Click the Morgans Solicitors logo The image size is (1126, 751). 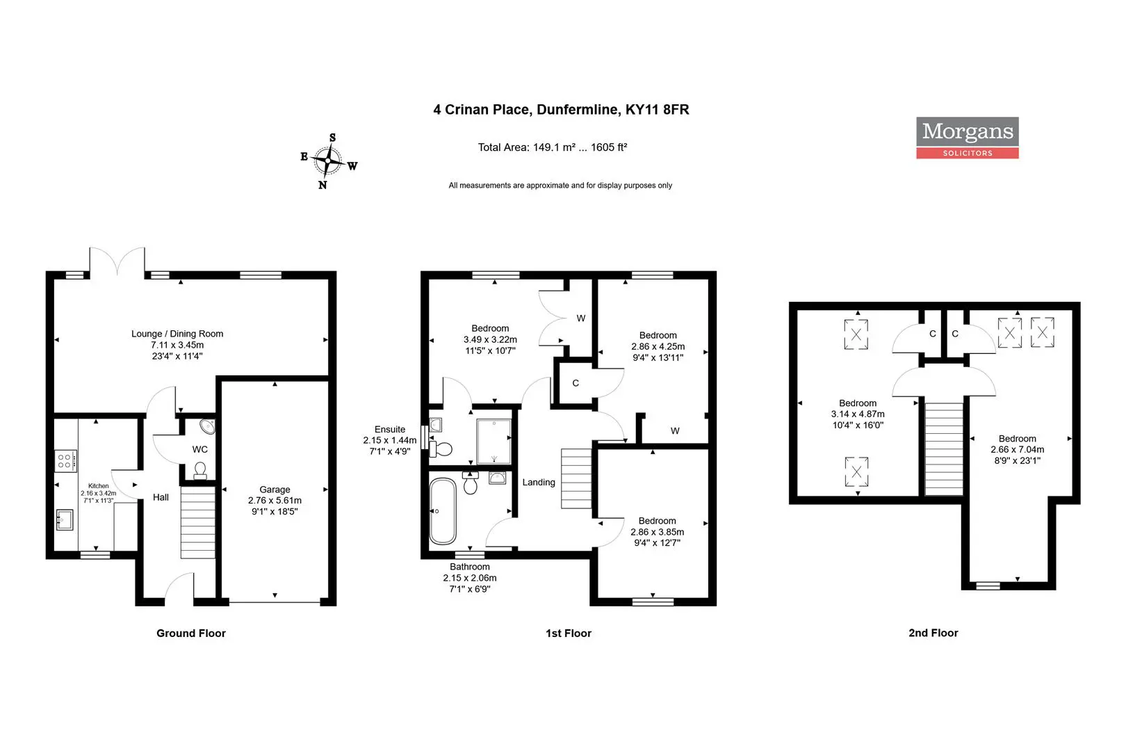967,137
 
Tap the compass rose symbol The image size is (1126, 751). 328,161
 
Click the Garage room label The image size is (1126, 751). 275,500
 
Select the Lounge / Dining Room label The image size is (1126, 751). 177,345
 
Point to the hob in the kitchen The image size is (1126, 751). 65,461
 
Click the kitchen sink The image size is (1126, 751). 65,519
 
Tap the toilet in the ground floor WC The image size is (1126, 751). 200,470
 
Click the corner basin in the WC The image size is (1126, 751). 208,426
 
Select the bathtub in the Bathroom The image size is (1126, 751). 443,511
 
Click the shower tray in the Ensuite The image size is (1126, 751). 494,442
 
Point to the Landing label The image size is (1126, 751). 539,482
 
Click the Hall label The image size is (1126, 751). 161,497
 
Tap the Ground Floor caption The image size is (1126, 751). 191,633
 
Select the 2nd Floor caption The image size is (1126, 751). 933,633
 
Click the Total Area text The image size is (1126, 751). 553,147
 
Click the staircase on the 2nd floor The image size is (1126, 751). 944,449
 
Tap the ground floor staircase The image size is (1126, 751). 198,522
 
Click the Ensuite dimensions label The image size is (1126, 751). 389,440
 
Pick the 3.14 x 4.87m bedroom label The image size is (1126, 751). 858,414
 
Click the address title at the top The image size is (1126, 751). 561,110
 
